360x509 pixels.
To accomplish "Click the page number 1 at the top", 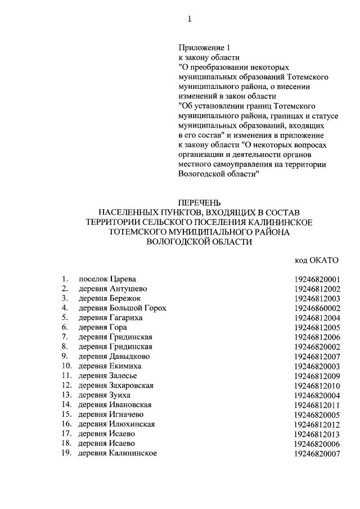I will pos(190,19).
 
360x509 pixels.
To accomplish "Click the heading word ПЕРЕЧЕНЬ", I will pos(200,202).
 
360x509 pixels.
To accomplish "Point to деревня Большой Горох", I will pos(122,308).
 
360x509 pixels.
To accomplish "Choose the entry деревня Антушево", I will pos(110,289).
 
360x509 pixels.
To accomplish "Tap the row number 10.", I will pos(66,366).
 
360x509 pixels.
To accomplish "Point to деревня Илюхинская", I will pos(116,424).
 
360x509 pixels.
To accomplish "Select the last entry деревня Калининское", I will pos(117,453).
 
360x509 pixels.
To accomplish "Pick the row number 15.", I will pos(66,415).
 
